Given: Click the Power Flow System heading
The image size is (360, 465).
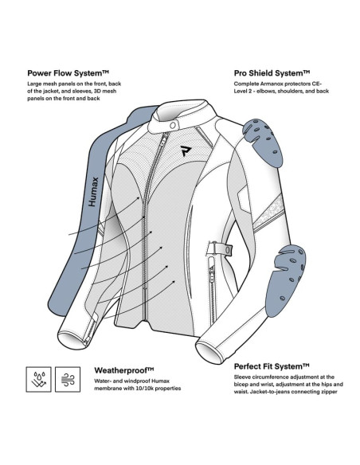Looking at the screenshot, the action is click(68, 73).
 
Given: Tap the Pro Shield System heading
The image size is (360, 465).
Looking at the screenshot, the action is click(272, 73).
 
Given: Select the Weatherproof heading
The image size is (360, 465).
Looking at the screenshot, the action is click(124, 370).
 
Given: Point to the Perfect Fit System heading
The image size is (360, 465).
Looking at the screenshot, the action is click(272, 366).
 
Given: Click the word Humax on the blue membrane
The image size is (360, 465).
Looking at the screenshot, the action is click(93, 192).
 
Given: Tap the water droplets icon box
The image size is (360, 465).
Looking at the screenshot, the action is click(38, 379).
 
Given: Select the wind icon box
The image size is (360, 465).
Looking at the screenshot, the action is click(68, 379).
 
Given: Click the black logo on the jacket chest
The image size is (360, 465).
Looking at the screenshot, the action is click(186, 150).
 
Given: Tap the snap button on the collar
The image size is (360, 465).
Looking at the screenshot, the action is click(173, 126).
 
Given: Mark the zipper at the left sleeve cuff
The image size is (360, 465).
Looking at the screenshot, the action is click(91, 331).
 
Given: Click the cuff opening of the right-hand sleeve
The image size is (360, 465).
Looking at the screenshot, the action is click(207, 353).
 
